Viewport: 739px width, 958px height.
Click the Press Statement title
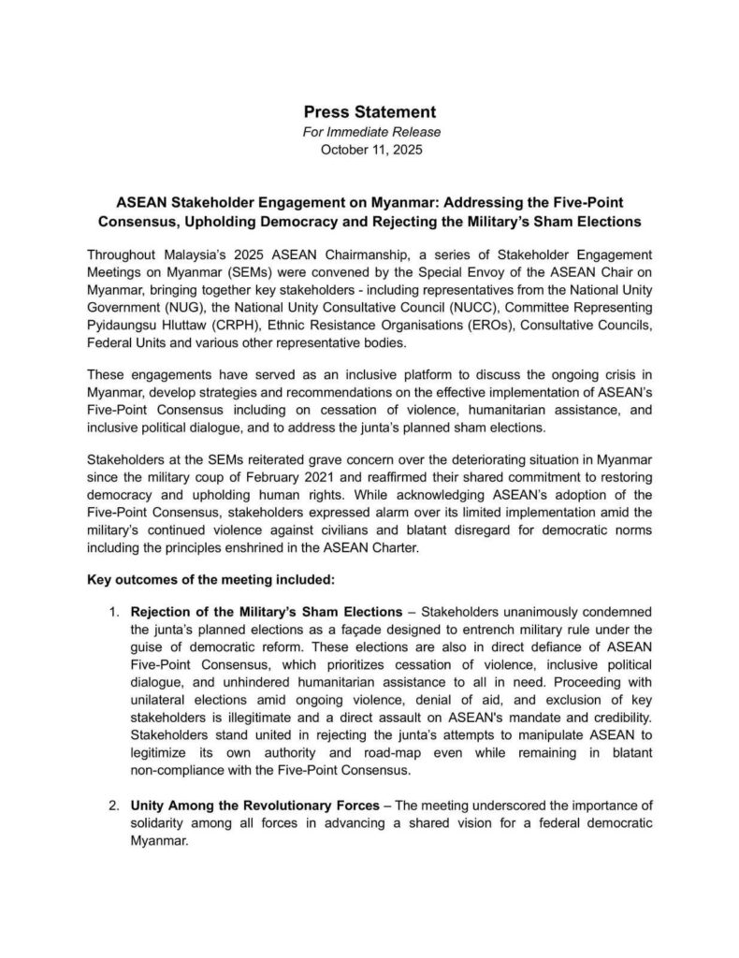pos(369,112)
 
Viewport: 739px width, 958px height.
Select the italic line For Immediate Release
pos(369,132)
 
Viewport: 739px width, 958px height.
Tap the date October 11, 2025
pos(369,150)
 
